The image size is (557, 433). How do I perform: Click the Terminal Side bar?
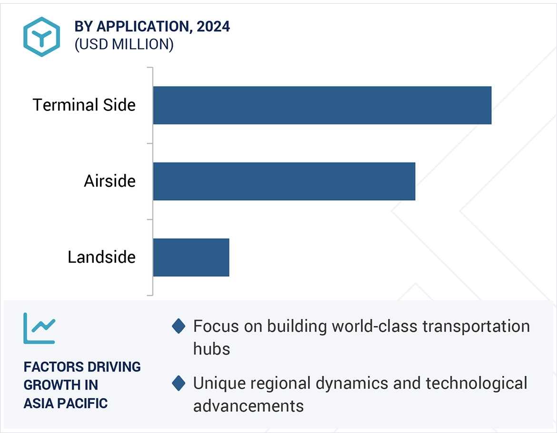[x=322, y=105]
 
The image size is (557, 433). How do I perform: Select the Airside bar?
[x=284, y=181]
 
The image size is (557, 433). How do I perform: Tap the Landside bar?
[x=191, y=257]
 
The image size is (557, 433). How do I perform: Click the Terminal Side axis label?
[x=84, y=105]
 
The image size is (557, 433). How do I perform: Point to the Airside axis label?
[x=109, y=181]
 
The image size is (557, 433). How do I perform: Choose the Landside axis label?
[x=101, y=257]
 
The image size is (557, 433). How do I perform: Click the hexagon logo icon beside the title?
[x=42, y=37]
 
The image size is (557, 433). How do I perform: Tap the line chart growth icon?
[x=40, y=328]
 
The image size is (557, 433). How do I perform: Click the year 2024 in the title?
[x=213, y=27]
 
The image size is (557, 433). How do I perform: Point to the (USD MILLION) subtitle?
[x=124, y=44]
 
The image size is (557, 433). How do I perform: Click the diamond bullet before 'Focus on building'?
[x=179, y=327]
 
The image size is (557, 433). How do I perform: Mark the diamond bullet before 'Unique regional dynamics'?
[x=179, y=383]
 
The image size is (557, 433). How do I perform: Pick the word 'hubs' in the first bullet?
[x=211, y=349]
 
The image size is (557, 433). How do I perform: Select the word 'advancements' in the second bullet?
[x=248, y=405]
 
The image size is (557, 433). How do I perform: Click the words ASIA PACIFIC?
[x=66, y=403]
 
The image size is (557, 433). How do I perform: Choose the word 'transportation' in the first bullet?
[x=476, y=326]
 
